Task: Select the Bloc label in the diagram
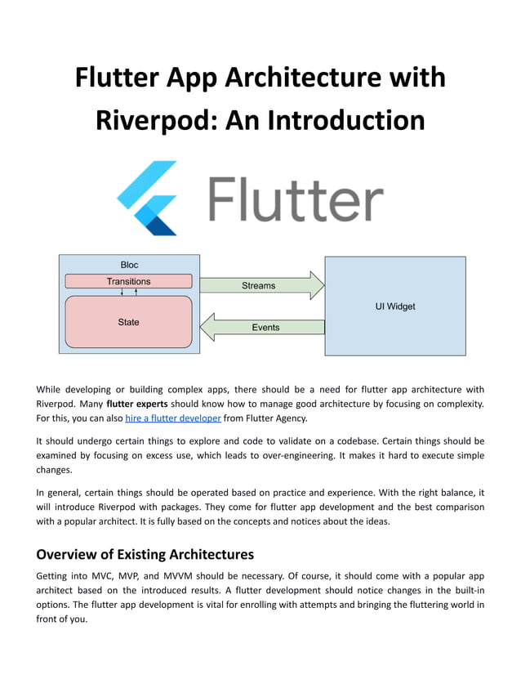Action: click(x=129, y=265)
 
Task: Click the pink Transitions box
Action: click(x=128, y=281)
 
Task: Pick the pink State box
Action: click(x=128, y=322)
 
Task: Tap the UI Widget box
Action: click(x=395, y=306)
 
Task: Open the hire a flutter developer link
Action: click(x=173, y=418)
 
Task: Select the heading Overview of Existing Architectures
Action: click(x=145, y=553)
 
